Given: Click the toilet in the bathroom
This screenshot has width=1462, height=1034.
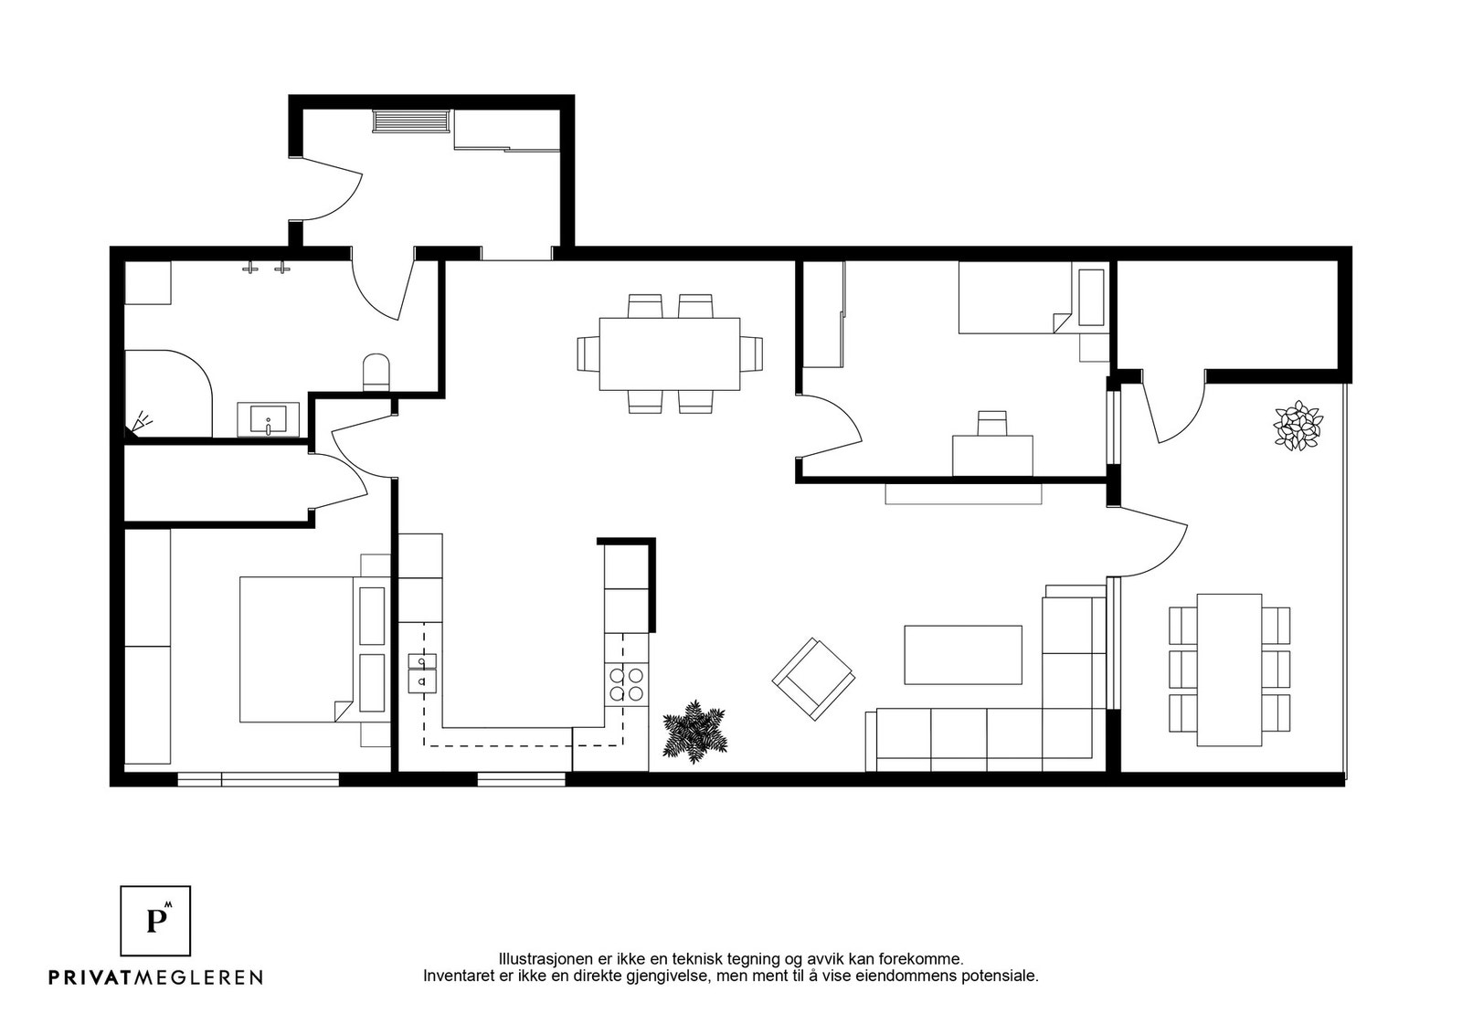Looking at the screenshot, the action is click(376, 373).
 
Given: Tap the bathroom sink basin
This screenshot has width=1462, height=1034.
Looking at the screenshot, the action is click(269, 419).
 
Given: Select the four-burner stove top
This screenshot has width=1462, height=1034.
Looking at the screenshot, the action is click(627, 683).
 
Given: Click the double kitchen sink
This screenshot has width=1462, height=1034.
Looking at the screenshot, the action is click(422, 673).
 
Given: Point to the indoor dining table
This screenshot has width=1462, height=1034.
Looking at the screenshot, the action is click(670, 354).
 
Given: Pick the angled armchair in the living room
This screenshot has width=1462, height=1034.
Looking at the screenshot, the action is click(813, 679).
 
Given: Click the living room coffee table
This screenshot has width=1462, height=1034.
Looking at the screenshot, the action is click(963, 655).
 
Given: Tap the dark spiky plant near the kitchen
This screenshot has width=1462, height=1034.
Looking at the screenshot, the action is click(694, 732).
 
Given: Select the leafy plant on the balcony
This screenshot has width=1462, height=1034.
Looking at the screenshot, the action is click(1298, 426).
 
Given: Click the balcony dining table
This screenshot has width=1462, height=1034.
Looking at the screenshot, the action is click(1229, 670).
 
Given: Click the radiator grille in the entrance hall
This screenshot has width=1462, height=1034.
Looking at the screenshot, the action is click(411, 121).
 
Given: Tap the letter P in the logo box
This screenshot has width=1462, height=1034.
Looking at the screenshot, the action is click(155, 921).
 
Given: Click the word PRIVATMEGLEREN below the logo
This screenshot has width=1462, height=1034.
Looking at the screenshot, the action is click(156, 976).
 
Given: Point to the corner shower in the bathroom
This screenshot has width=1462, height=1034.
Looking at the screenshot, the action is click(168, 394).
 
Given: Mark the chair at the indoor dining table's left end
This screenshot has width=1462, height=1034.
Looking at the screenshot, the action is click(588, 354).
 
